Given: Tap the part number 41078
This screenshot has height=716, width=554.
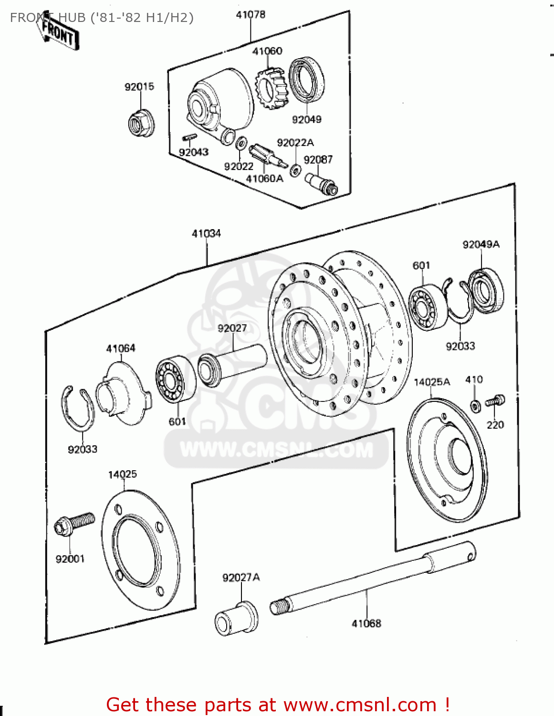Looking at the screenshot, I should pos(251,15).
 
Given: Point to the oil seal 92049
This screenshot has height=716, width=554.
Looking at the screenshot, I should pos(307,80).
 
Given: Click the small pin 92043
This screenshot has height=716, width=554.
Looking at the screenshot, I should pos(189,138).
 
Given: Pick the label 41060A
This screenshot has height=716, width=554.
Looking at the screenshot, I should pos(264,179).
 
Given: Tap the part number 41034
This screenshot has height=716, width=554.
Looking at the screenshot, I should pos(206,233).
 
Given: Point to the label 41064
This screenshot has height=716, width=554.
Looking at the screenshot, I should pos(121,348).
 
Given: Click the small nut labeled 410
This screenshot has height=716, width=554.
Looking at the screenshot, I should pos(475,406).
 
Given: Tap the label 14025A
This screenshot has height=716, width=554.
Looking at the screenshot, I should pos(432,382).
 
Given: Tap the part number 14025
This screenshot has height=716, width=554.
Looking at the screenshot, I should pos(122,474).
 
